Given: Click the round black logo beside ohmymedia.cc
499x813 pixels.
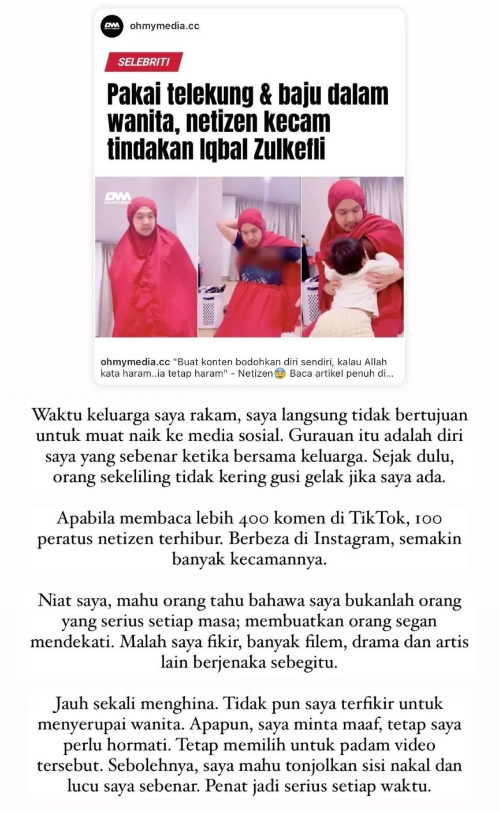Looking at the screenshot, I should [x=112, y=27].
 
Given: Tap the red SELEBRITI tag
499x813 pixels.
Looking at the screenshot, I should [x=143, y=62].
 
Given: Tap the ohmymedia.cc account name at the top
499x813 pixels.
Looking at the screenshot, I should [x=165, y=27].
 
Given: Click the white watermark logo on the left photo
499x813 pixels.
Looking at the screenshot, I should [x=117, y=198].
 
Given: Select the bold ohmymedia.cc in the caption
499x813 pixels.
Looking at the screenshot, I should [x=135, y=362].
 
